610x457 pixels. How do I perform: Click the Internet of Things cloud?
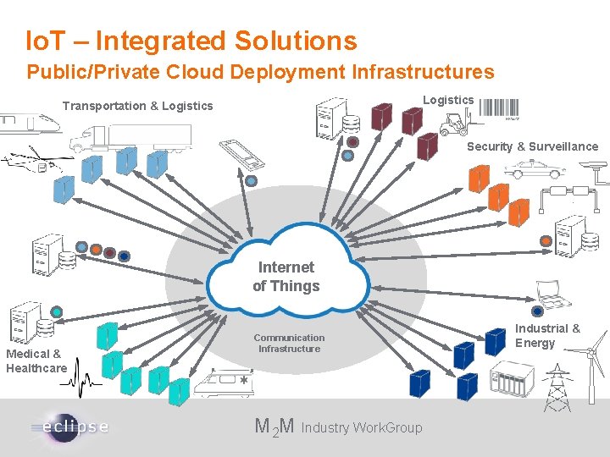click(286, 276)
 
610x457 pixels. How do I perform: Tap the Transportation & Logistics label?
click(137, 106)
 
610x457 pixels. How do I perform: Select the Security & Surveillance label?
click(532, 146)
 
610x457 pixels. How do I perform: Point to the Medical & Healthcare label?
click(36, 361)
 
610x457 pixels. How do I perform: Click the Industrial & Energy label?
click(548, 335)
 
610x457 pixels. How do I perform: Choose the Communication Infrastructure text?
click(289, 343)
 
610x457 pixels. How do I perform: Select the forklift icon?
click(454, 124)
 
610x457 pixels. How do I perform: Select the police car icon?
click(533, 168)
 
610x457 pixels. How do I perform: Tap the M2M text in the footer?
click(274, 427)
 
